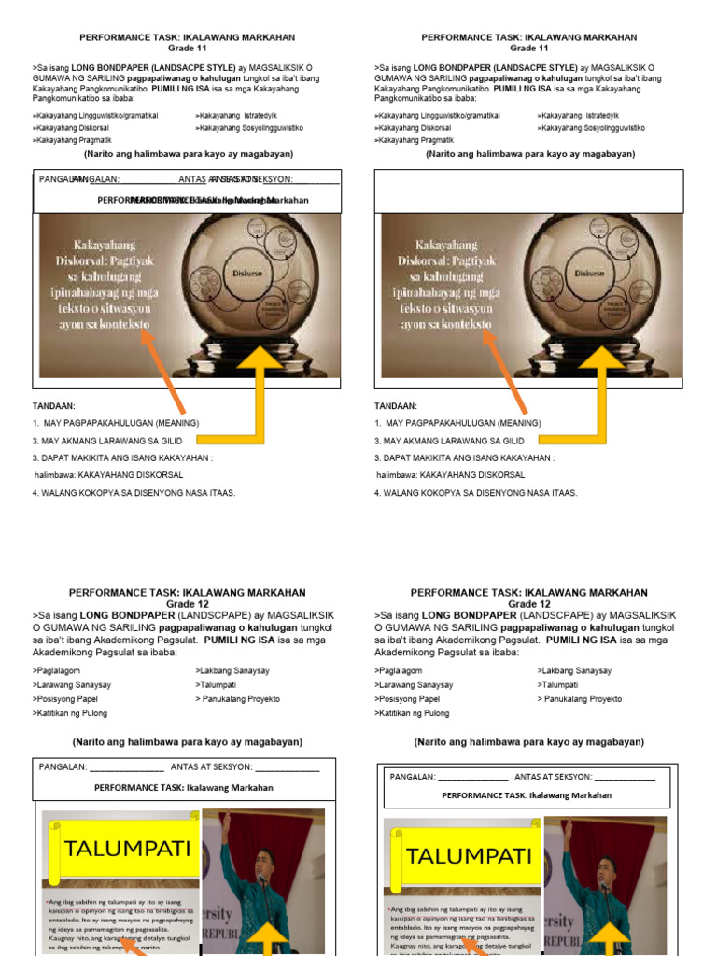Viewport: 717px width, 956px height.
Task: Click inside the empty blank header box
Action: pyautogui.click(x=528, y=190)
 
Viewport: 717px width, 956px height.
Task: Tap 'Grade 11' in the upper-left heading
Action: pyautogui.click(x=187, y=49)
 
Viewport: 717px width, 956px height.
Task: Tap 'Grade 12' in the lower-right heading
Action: pyautogui.click(x=528, y=604)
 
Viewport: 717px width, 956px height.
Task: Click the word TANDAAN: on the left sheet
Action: pyautogui.click(x=53, y=407)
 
